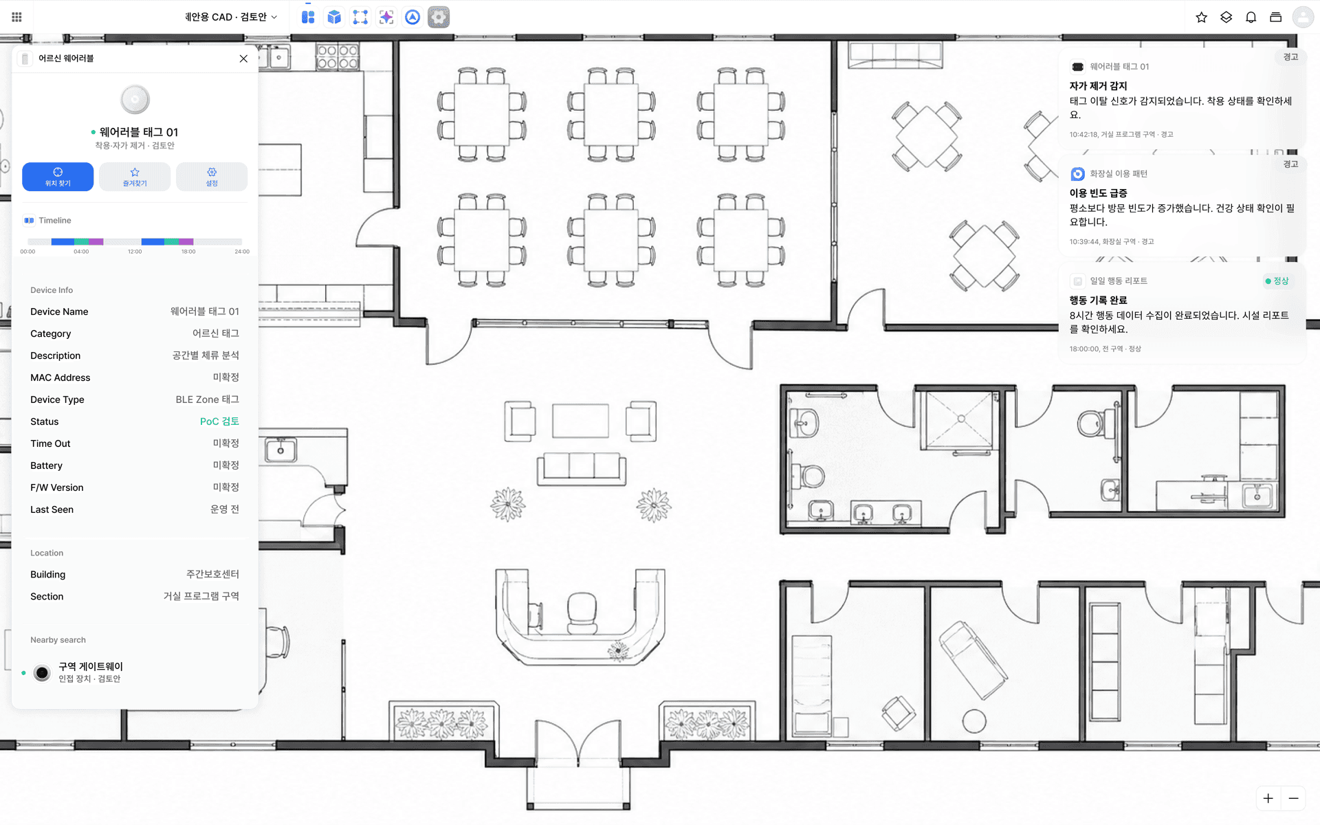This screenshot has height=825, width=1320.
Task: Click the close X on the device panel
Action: (x=243, y=58)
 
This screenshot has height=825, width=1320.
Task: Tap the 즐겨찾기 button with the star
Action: (x=135, y=177)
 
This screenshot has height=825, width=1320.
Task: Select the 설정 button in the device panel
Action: (x=212, y=177)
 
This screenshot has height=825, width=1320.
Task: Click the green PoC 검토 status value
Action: (x=219, y=421)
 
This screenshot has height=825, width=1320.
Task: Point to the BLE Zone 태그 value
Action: (x=207, y=399)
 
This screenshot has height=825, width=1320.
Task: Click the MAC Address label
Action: (x=60, y=377)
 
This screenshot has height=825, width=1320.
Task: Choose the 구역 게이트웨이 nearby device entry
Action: (x=90, y=672)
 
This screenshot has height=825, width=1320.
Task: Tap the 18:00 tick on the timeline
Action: (x=188, y=252)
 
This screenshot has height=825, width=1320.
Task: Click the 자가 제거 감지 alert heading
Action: (x=1098, y=86)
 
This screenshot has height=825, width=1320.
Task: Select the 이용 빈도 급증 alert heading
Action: (x=1098, y=193)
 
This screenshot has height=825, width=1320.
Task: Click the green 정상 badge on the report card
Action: (x=1277, y=280)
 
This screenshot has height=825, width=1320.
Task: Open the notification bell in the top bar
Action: (x=1251, y=17)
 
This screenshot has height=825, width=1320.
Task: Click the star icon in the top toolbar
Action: (x=1201, y=17)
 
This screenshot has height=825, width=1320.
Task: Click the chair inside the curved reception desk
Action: (x=582, y=613)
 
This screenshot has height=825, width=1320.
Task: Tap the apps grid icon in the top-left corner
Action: (x=16, y=17)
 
